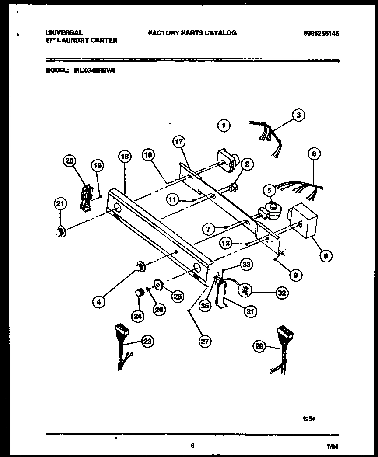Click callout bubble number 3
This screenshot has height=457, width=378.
298,115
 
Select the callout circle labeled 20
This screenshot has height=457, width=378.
69,161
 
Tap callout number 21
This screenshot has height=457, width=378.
60,203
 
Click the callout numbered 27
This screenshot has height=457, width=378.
204,342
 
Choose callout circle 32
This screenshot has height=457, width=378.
282,293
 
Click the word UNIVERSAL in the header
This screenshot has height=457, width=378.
64,33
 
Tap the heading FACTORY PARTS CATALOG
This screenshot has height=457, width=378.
192,33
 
